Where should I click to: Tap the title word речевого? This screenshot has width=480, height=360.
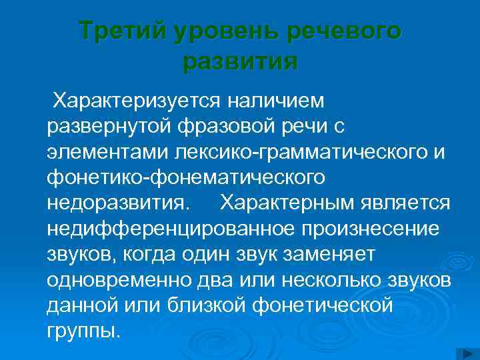(x=345, y=31)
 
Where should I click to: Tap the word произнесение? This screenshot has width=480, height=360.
(x=370, y=228)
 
